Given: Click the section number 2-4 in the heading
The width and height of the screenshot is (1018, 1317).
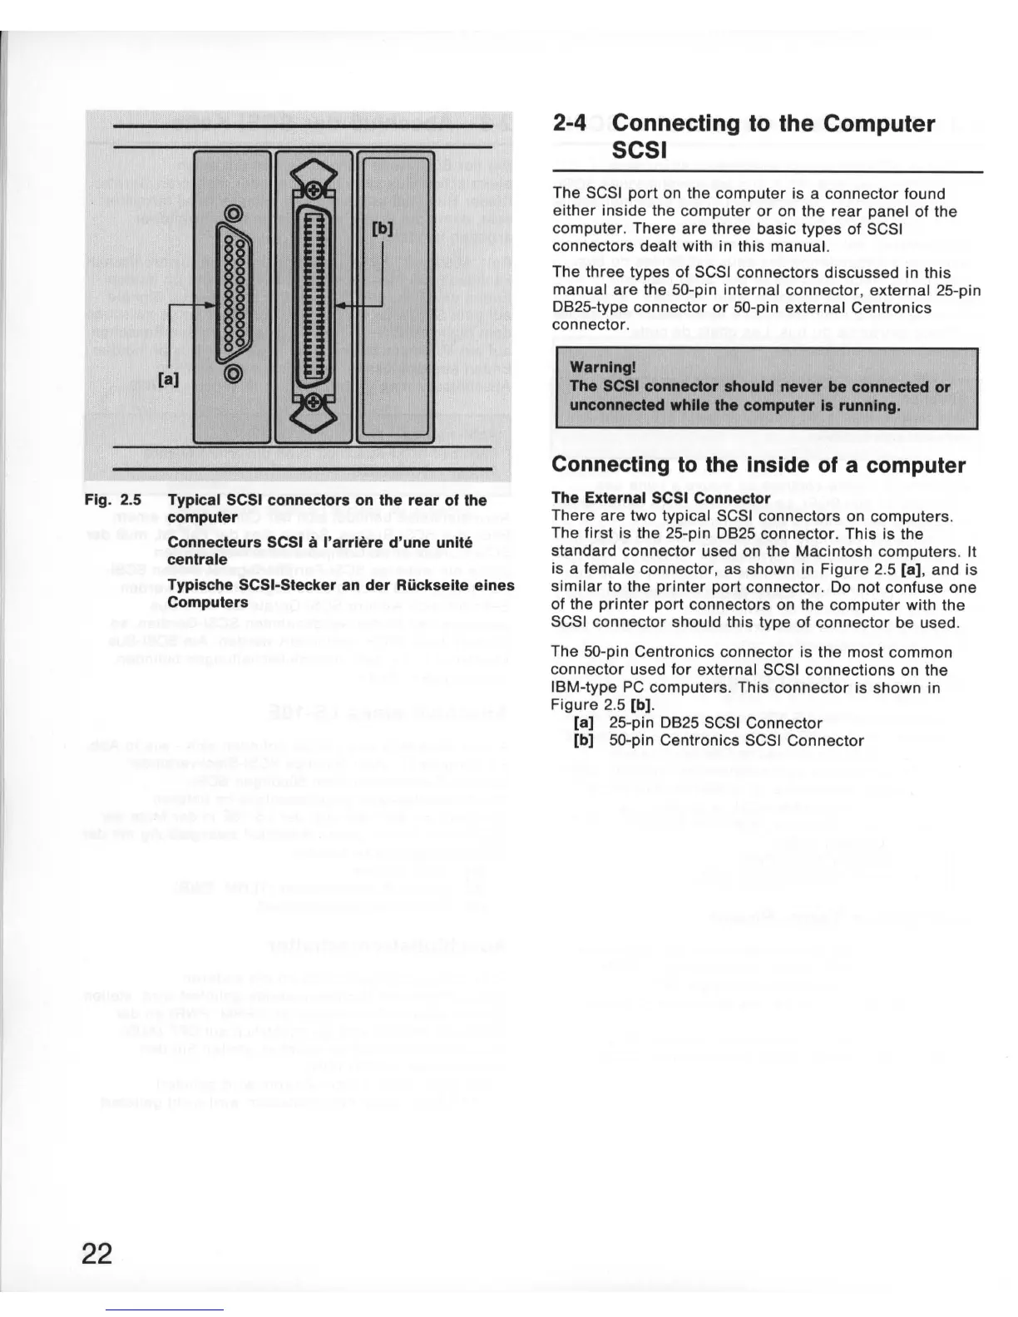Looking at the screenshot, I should click(x=570, y=124).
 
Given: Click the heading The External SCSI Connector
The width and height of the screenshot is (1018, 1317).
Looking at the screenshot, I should click(x=661, y=498).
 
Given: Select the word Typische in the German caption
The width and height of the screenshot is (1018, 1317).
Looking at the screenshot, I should click(x=198, y=585).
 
